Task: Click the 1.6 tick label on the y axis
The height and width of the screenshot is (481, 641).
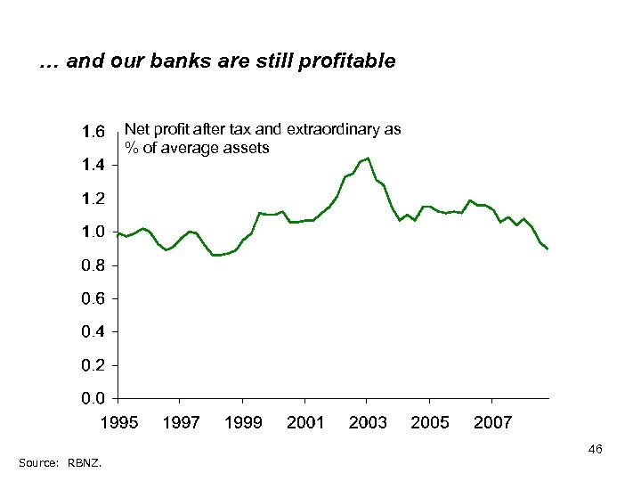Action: click(93, 133)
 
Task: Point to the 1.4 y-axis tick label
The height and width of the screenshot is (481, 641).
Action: click(93, 165)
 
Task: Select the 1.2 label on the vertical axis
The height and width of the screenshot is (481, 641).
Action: click(93, 199)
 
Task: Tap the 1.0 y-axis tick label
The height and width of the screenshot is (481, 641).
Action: click(93, 232)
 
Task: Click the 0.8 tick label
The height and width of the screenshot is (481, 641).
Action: click(93, 265)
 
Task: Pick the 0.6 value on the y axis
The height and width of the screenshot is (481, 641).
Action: click(93, 298)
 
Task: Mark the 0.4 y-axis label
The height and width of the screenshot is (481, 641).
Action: click(93, 332)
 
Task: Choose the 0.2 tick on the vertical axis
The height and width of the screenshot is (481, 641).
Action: click(93, 365)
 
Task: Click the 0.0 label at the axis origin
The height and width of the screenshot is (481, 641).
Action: click(93, 398)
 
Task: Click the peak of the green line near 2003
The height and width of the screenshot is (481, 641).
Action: click(368, 159)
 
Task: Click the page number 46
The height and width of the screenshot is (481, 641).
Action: click(596, 450)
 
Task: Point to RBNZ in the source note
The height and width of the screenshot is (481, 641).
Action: click(85, 462)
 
